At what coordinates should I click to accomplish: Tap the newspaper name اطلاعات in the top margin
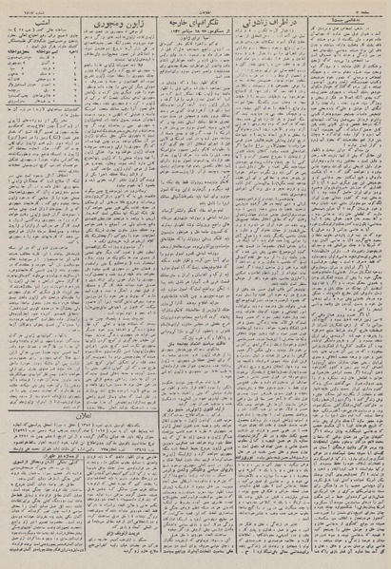click(x=195, y=6)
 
